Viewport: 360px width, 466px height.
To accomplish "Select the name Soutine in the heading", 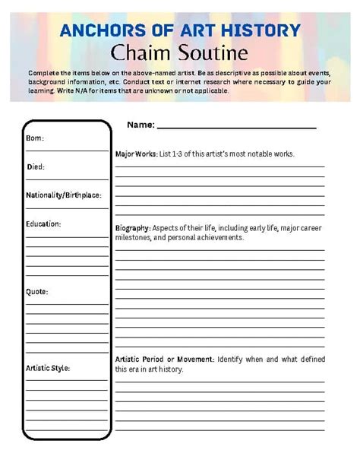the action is click(212, 53).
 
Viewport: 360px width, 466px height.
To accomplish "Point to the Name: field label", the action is click(141, 124).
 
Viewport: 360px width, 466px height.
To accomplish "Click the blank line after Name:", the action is click(236, 125).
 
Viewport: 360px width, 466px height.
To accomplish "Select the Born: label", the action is click(35, 138).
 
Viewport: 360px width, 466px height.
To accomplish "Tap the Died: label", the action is click(35, 166).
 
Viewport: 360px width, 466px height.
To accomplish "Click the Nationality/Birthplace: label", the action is click(63, 195).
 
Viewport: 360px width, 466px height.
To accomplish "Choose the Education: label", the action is click(43, 223).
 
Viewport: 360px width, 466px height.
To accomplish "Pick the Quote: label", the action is click(37, 291).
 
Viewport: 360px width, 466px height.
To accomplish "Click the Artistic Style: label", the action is click(48, 368).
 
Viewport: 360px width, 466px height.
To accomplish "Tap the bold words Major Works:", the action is click(136, 154).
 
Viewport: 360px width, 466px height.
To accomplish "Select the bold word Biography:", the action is click(133, 227).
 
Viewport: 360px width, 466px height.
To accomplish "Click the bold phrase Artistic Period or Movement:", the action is click(165, 359).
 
